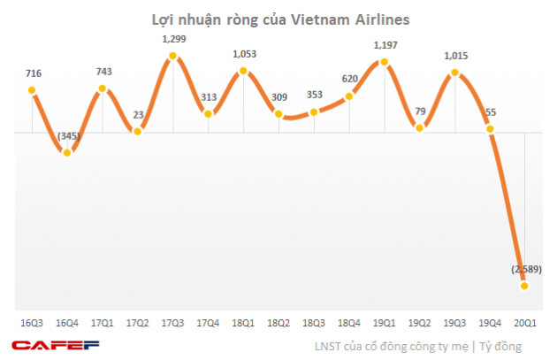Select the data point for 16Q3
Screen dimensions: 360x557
32,90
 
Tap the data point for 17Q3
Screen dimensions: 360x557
173,57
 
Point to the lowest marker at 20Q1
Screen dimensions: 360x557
525,284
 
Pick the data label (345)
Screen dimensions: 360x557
68,135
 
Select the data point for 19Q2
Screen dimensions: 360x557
420,128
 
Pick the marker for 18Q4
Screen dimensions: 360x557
349,96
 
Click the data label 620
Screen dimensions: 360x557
349,79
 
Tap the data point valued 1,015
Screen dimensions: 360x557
455,73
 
